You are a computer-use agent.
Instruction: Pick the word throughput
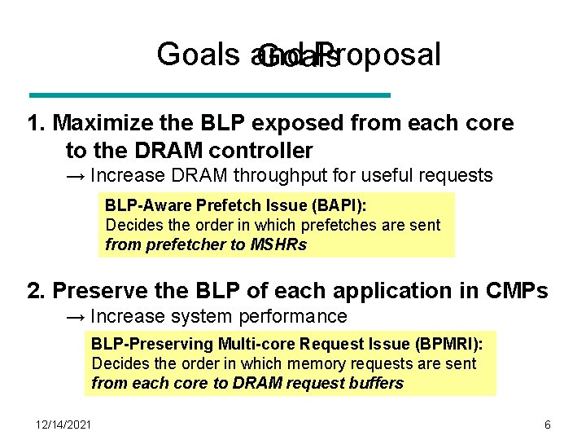pos(313,175)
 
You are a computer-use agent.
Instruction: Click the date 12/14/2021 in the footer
pos(63,424)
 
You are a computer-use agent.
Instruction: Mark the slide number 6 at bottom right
pos(548,424)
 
